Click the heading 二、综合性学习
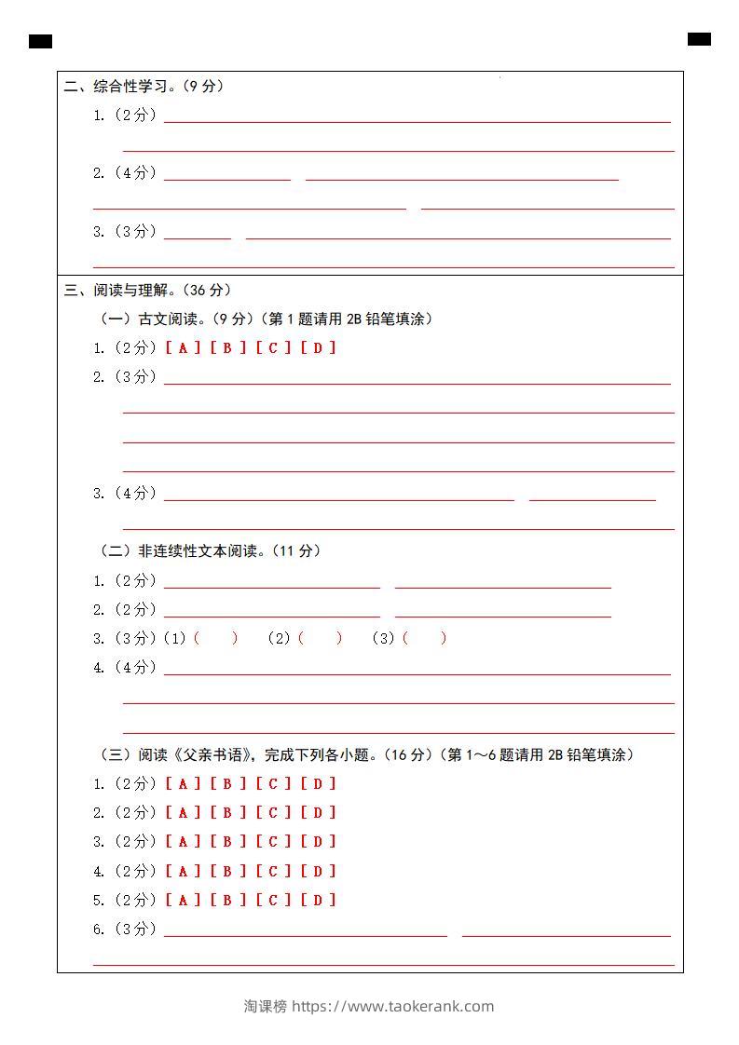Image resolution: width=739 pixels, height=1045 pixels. click(x=144, y=87)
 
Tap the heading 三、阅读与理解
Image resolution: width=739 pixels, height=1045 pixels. click(x=147, y=290)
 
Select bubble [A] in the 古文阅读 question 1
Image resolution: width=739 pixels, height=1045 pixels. click(x=183, y=347)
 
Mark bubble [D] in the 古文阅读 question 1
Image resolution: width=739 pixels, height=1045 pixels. click(x=319, y=347)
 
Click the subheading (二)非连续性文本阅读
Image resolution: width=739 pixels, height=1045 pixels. click(x=211, y=550)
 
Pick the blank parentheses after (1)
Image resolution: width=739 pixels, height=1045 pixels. click(x=215, y=638)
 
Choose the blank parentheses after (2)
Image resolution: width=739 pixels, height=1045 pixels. click(x=320, y=638)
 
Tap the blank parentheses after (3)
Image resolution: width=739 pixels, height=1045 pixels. click(x=424, y=638)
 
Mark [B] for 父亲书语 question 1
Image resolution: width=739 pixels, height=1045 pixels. click(x=228, y=783)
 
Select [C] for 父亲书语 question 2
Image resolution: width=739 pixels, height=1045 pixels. click(x=274, y=812)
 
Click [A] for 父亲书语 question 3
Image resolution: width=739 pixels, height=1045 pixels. click(x=183, y=841)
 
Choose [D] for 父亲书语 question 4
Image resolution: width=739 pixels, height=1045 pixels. click(x=319, y=871)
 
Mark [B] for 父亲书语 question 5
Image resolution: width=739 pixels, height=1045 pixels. click(x=228, y=900)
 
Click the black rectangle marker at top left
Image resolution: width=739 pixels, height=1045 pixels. click(x=40, y=41)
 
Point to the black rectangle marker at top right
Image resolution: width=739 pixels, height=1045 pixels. click(x=699, y=39)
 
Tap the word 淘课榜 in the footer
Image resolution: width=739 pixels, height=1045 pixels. click(x=266, y=1006)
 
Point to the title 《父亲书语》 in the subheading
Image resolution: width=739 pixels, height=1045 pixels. click(x=212, y=754)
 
